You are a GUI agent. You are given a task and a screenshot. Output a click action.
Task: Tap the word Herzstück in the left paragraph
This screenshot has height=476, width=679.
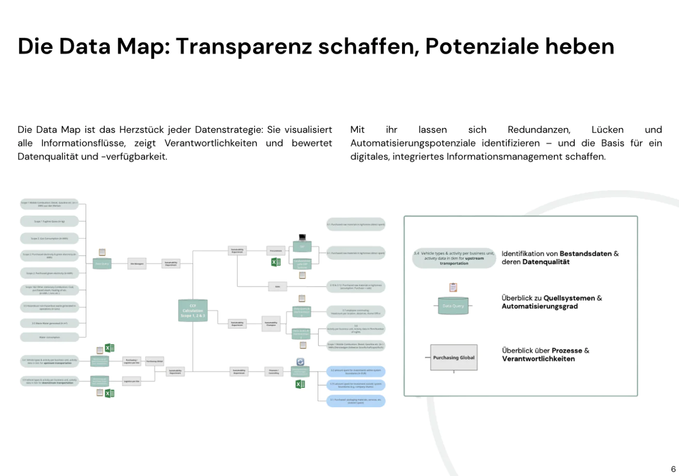click(142, 130)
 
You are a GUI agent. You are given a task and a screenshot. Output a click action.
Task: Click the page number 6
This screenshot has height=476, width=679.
click(673, 469)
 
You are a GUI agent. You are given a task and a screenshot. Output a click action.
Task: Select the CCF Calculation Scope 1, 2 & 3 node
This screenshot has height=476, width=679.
click(193, 311)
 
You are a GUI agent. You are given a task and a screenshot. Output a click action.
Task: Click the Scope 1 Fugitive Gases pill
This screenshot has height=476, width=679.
click(49, 222)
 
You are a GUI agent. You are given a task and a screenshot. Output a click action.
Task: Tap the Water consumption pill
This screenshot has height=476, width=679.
click(49, 337)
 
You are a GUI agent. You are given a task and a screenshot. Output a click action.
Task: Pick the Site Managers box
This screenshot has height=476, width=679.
click(137, 264)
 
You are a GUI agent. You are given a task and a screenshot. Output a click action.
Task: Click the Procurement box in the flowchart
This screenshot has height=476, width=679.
click(276, 251)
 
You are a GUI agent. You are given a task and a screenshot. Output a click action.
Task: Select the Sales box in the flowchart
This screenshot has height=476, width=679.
click(277, 286)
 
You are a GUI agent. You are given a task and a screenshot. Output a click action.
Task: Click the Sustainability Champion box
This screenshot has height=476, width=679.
click(271, 323)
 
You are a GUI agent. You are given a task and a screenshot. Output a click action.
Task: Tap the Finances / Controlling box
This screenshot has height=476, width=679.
click(274, 372)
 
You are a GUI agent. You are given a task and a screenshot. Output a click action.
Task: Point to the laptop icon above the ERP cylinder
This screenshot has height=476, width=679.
click(303, 237)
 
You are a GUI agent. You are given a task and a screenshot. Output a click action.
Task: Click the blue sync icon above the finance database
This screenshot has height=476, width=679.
click(300, 362)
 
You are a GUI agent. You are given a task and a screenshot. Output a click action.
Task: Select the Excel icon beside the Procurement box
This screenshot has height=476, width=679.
click(276, 262)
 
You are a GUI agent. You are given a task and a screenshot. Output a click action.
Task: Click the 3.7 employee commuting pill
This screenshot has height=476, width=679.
click(356, 312)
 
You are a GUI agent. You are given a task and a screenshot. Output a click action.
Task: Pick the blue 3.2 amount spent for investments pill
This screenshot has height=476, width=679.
click(356, 372)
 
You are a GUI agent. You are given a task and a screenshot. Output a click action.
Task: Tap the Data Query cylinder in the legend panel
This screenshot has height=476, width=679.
click(453, 306)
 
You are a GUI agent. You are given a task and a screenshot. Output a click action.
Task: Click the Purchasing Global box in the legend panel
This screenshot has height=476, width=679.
click(454, 358)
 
